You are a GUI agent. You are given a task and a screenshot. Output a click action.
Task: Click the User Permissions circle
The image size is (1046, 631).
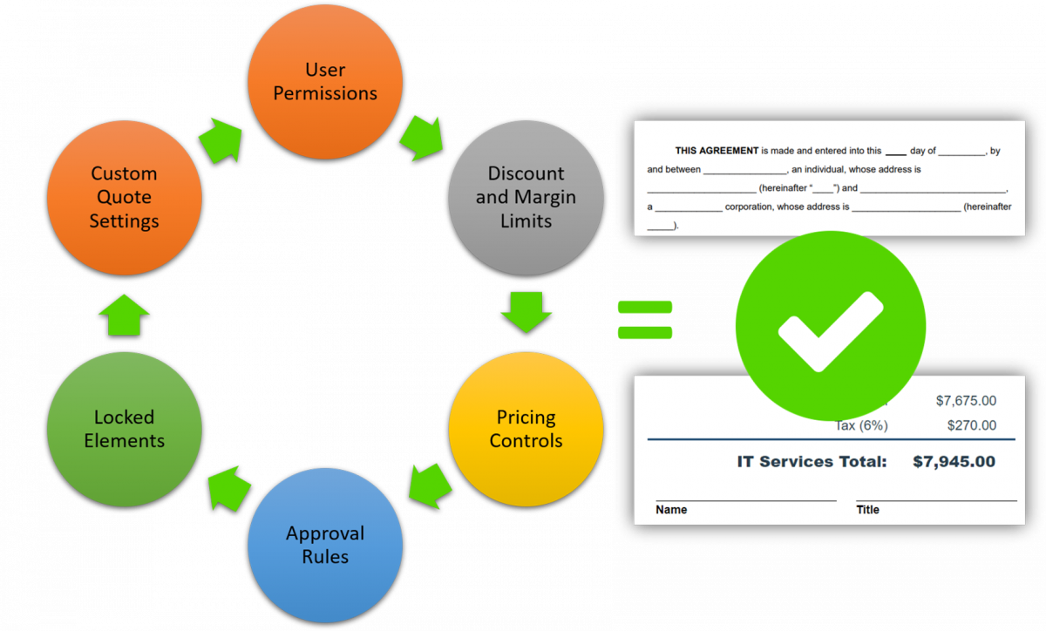click(325, 82)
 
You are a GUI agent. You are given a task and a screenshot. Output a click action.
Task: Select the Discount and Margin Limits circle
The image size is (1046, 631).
click(526, 197)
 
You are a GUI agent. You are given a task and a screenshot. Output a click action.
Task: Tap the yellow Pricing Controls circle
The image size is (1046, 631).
click(526, 429)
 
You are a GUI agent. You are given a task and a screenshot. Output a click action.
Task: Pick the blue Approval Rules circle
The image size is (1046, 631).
click(325, 545)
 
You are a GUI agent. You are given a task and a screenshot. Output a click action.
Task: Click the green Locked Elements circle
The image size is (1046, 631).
click(125, 429)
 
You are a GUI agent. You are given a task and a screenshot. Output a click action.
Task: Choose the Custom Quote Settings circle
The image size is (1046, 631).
click(125, 197)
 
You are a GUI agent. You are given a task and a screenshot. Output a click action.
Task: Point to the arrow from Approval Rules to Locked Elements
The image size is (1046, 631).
click(228, 487)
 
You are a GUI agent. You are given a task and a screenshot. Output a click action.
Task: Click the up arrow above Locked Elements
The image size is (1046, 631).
click(125, 314)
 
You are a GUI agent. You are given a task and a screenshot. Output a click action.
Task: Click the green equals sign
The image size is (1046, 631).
click(645, 319)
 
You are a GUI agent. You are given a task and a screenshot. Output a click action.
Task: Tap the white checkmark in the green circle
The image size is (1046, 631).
click(830, 329)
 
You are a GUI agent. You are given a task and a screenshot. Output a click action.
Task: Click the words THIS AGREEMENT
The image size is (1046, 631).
click(717, 151)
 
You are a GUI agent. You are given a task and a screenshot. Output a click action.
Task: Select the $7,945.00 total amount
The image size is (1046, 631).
click(954, 462)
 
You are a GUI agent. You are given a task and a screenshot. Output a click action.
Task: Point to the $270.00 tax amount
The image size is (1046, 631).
click(971, 425)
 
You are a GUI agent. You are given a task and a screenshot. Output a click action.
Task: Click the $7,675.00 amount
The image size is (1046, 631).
click(965, 401)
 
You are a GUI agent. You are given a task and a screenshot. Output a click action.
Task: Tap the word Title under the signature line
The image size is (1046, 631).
click(867, 510)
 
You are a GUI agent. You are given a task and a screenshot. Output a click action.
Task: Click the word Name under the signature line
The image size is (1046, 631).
click(671, 510)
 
